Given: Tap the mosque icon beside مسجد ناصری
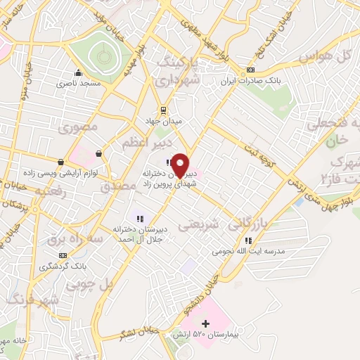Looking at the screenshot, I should point(78,72).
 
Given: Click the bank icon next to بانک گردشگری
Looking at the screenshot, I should point(63,256).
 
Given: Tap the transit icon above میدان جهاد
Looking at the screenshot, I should point(163,110).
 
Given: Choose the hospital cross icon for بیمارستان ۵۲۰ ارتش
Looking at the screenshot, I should point(205,323).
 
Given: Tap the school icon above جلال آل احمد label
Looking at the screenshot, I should point(140,218).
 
